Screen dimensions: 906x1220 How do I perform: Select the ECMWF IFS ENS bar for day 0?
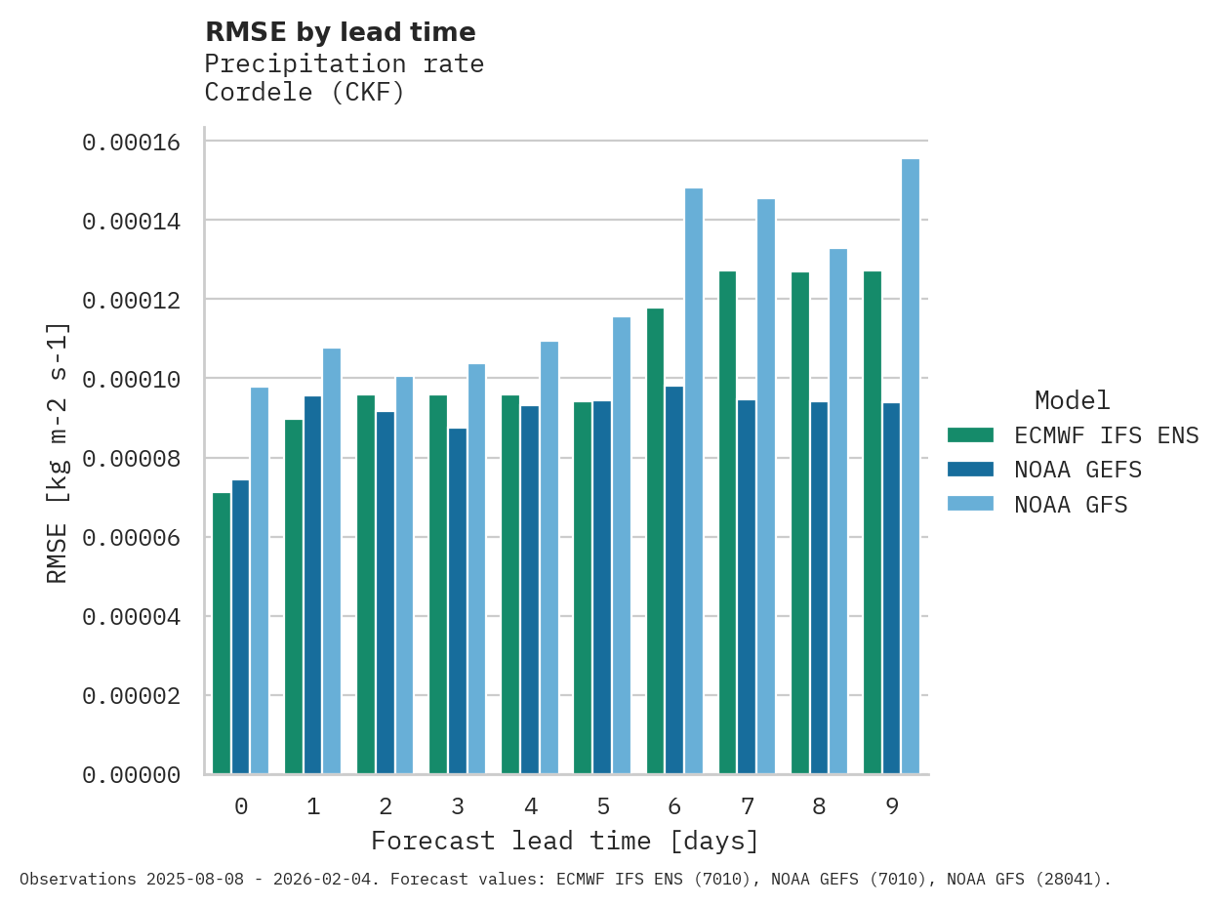(222, 634)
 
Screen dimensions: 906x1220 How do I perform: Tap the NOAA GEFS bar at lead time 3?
(458, 601)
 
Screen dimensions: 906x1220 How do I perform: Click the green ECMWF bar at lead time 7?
(727, 522)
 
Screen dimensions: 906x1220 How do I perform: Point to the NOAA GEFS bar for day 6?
(674, 581)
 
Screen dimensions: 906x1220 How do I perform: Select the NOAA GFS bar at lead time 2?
(404, 576)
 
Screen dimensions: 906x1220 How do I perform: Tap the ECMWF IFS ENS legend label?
(1106, 435)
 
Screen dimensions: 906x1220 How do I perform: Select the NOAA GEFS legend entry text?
(1078, 470)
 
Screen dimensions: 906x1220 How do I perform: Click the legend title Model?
(1072, 401)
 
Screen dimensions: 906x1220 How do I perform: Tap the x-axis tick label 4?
(530, 807)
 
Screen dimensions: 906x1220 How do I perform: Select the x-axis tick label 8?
(819, 807)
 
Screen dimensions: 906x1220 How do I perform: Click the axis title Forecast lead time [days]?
(564, 841)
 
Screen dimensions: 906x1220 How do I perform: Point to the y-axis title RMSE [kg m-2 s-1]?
(59, 452)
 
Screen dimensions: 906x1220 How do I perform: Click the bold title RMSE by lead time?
(341, 33)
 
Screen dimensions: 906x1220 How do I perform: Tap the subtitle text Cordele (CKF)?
(304, 93)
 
